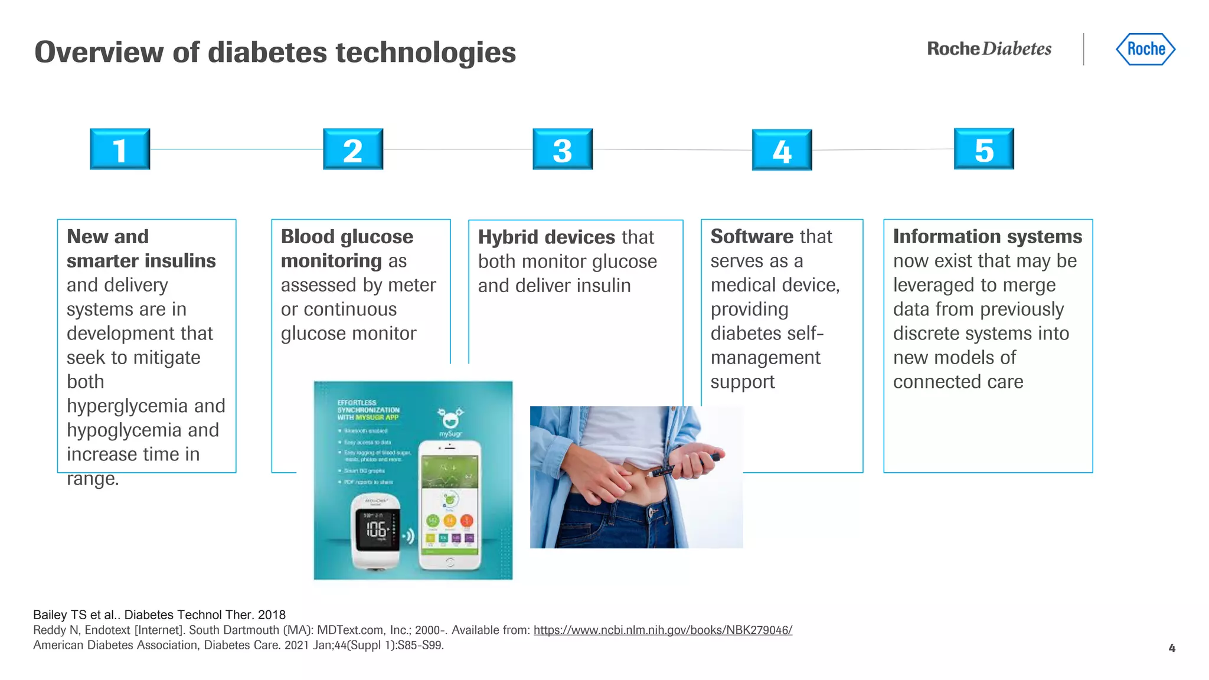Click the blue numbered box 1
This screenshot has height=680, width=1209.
pos(120,149)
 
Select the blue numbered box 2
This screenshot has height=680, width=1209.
pos(353,149)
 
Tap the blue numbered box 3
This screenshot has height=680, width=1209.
pos(563,149)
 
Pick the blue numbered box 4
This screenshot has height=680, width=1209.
pos(782,151)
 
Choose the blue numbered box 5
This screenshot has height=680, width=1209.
pos(984,149)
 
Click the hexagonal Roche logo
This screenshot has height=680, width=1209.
pos(1145,49)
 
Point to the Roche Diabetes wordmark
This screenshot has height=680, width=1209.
pos(989,48)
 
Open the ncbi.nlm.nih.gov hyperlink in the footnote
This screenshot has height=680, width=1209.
pos(662,630)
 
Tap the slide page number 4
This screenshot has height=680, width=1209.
pos(1172,648)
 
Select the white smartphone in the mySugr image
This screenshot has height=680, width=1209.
pos(449,505)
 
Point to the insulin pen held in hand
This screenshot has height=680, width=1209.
pos(685,466)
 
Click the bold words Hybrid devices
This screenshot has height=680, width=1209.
pos(546,237)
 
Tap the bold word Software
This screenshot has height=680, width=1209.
pos(751,237)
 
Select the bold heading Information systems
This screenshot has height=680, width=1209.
pos(987,237)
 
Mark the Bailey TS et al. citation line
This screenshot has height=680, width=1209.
pos(159,615)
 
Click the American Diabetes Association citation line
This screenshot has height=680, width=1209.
pos(238,645)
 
